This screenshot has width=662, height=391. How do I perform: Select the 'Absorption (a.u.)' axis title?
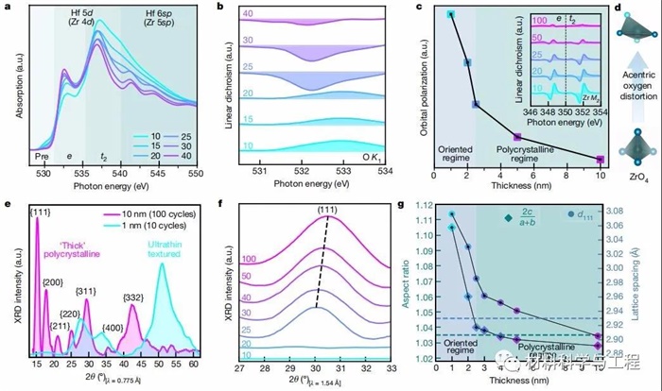10,89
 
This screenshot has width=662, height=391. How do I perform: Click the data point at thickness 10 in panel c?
601,159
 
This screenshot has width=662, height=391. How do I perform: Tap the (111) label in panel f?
328,208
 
